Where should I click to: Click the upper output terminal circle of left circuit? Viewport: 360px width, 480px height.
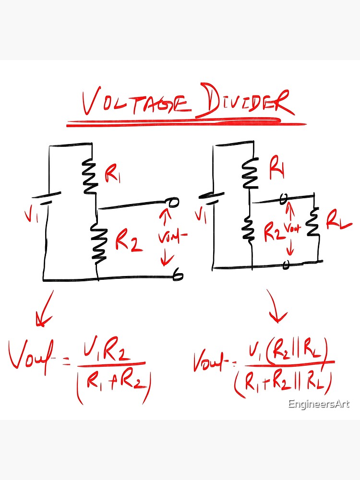click(x=174, y=203)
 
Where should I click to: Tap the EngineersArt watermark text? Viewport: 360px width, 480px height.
click(x=319, y=404)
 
